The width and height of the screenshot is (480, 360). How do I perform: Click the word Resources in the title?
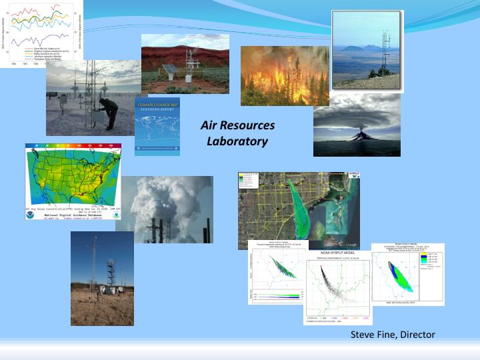click(247, 126)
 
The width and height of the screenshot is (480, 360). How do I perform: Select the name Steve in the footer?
click(363, 334)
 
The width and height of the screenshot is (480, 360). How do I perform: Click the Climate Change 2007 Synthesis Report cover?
click(157, 127)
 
